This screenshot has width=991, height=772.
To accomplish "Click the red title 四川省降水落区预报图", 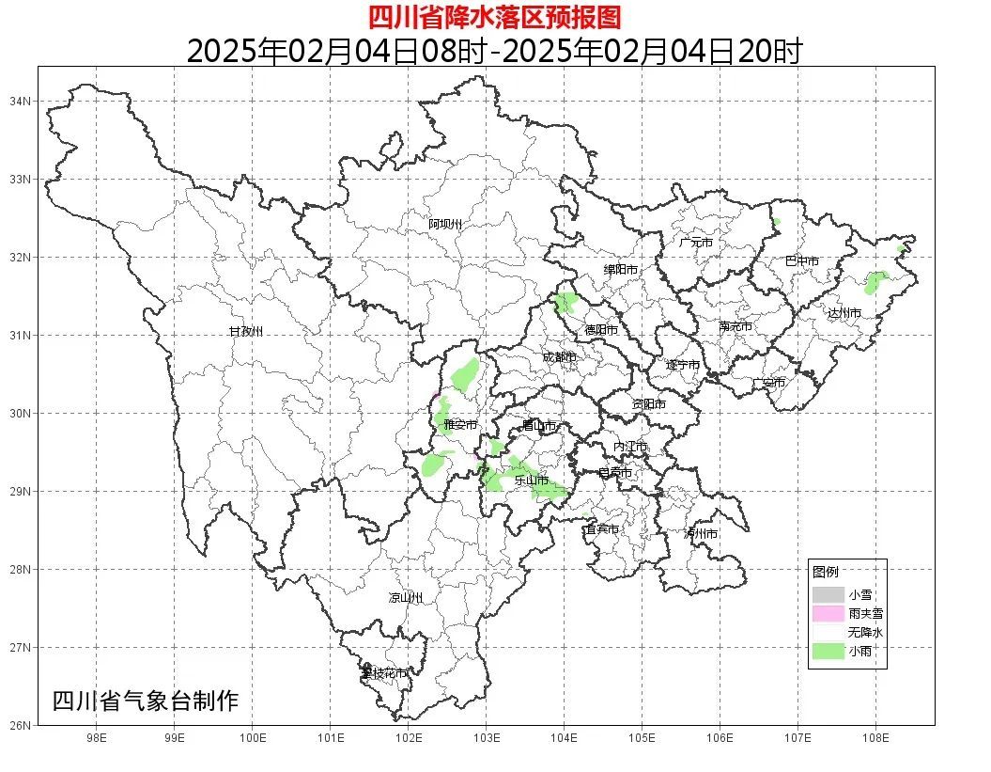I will point(494,16).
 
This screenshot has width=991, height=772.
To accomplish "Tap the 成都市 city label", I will point(559,357).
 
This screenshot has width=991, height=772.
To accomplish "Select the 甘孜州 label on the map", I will point(246,332).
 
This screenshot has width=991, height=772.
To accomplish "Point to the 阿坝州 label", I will point(445,224).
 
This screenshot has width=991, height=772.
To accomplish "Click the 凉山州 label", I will point(406,598).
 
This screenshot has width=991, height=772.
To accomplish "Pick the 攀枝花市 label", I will point(384,673).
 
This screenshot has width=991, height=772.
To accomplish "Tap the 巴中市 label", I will point(801,261).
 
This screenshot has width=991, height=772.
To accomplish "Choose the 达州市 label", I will point(844,312).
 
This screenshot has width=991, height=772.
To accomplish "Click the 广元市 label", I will point(696,243).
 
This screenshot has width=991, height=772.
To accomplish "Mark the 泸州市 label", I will point(701,533).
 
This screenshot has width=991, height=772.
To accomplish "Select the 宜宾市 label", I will point(601,529).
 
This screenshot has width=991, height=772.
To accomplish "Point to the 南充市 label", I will point(736,327).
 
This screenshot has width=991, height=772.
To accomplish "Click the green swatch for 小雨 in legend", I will point(828,651).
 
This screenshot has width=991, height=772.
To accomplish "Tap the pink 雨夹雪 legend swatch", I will point(828,613).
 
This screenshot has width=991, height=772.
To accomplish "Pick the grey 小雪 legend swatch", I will point(828,594).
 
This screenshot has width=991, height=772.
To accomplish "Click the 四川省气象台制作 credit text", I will point(146,701).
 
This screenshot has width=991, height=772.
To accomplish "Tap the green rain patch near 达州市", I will point(875,281).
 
